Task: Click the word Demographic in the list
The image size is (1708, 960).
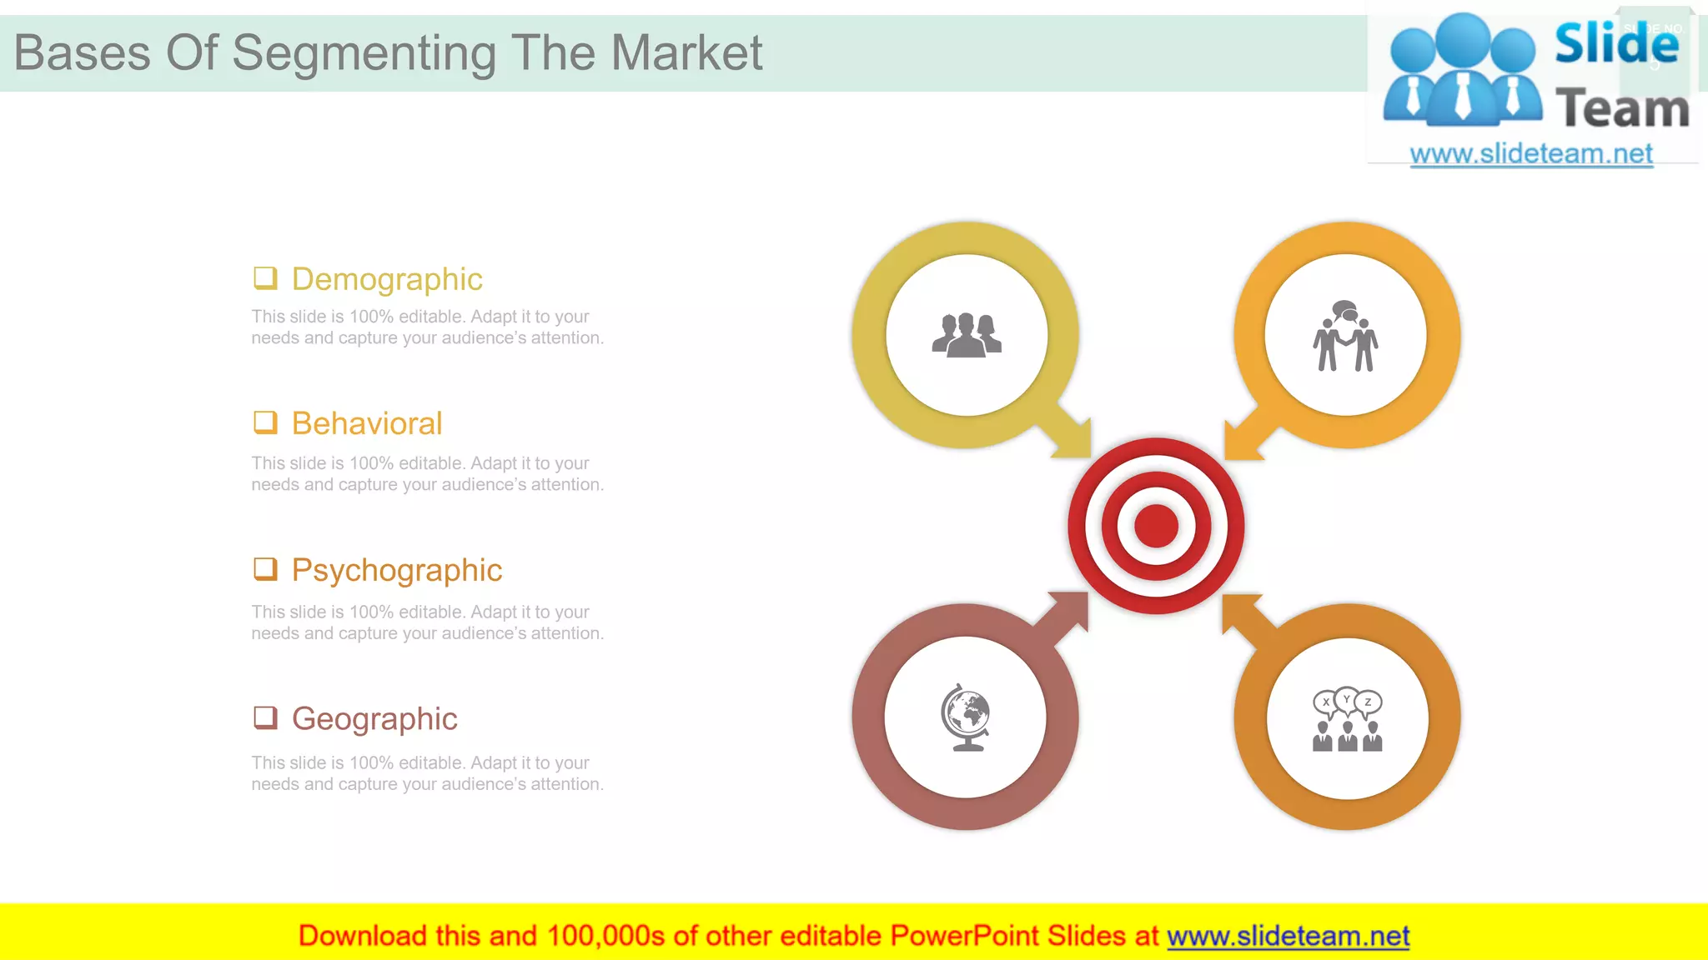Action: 387,279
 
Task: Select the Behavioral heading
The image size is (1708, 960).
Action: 366,423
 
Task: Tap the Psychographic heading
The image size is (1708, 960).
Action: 396,571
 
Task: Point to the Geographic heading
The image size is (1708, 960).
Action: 374,718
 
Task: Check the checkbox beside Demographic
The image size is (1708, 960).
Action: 265,277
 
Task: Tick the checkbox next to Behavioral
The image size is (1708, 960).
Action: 265,422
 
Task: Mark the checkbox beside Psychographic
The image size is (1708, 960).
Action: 265,569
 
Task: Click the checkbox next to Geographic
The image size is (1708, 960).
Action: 265,717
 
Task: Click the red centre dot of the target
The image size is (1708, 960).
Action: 1156,526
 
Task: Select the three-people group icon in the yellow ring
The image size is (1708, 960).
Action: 967,335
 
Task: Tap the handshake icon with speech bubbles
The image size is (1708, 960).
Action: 1345,335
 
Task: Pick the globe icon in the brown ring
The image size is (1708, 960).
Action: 966,717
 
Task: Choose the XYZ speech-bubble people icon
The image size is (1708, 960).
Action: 1347,719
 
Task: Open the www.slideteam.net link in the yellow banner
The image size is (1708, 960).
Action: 1288,936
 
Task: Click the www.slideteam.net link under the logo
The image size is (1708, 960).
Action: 1530,153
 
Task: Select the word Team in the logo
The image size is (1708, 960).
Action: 1621,109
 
